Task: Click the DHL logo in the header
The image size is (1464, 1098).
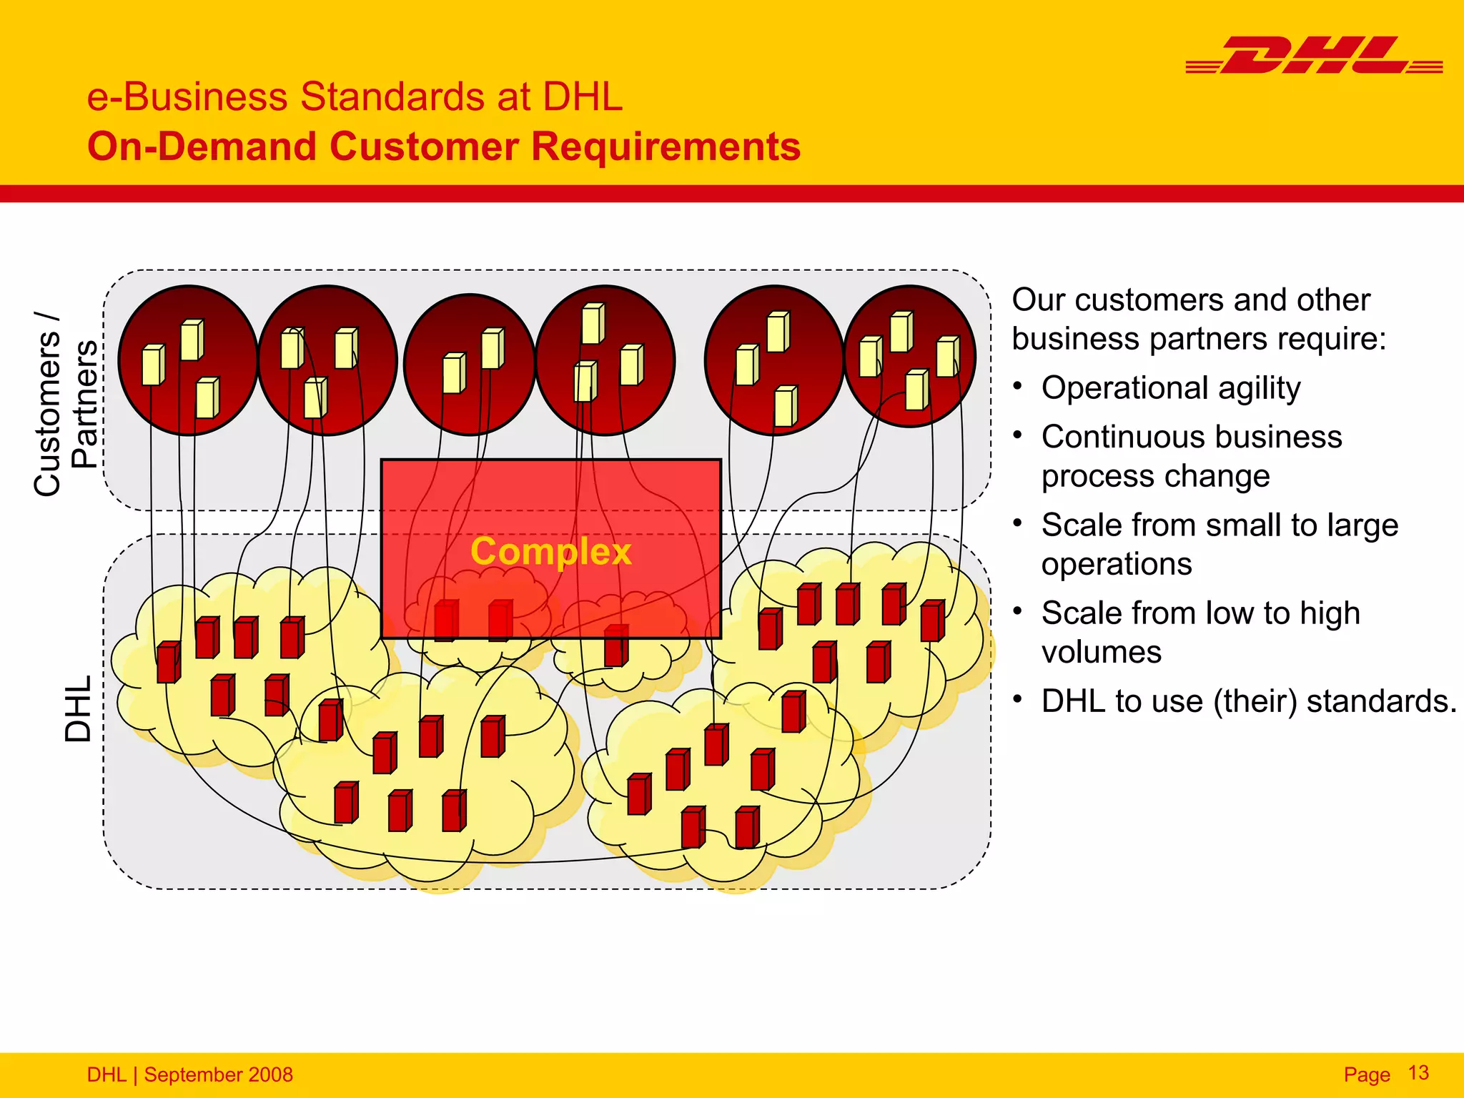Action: (1314, 56)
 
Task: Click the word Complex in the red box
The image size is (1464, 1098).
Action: (550, 552)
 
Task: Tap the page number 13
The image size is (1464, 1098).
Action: (1418, 1073)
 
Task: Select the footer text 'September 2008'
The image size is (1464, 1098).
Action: (218, 1074)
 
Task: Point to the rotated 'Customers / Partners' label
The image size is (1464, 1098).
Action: (66, 404)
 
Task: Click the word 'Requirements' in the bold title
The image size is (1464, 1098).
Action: (666, 147)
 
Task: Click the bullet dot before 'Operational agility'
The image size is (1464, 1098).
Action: (1018, 387)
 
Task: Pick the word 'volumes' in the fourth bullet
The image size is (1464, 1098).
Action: (1101, 653)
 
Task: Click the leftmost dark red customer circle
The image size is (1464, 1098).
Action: (188, 360)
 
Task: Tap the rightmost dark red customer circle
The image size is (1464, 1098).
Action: (910, 356)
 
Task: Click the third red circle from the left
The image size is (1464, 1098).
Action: (470, 365)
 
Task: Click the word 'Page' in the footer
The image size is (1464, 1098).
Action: (1366, 1074)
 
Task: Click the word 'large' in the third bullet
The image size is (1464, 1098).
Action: (1362, 525)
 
